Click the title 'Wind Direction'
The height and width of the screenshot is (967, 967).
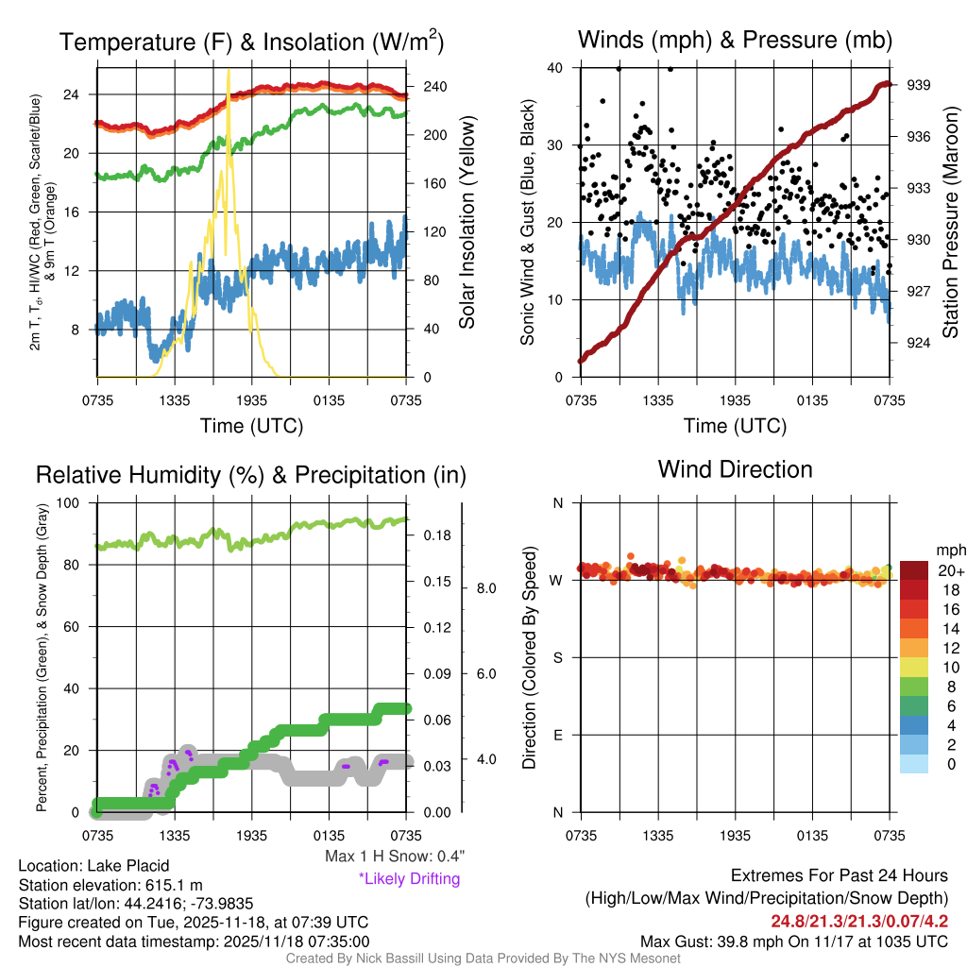click(x=735, y=469)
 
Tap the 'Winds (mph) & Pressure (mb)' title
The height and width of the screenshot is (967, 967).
click(x=735, y=40)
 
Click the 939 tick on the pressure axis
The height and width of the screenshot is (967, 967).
click(x=918, y=85)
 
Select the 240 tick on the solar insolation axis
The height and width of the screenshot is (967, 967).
click(x=434, y=87)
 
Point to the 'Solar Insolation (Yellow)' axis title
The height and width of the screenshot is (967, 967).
click(x=467, y=223)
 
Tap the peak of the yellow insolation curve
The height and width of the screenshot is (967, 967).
click(x=228, y=72)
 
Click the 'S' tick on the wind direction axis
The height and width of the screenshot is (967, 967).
click(x=557, y=657)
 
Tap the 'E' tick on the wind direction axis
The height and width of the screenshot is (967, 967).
click(x=557, y=735)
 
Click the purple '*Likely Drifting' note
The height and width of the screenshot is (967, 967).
click(x=409, y=878)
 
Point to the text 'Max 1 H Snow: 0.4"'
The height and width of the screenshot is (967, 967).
click(x=394, y=856)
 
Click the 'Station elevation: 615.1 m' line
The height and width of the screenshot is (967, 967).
click(x=110, y=885)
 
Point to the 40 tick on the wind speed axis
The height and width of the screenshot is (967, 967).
click(x=556, y=68)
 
